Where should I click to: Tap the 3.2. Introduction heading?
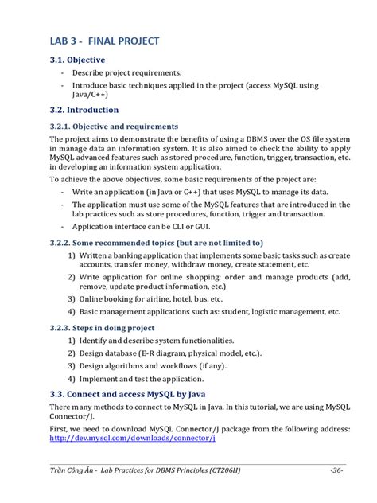coord(84,110)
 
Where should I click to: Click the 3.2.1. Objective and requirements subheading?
coord(115,126)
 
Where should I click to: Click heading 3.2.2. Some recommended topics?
coord(156,243)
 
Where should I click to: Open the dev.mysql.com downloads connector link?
coord(132,438)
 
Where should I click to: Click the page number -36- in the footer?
coord(336,471)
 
